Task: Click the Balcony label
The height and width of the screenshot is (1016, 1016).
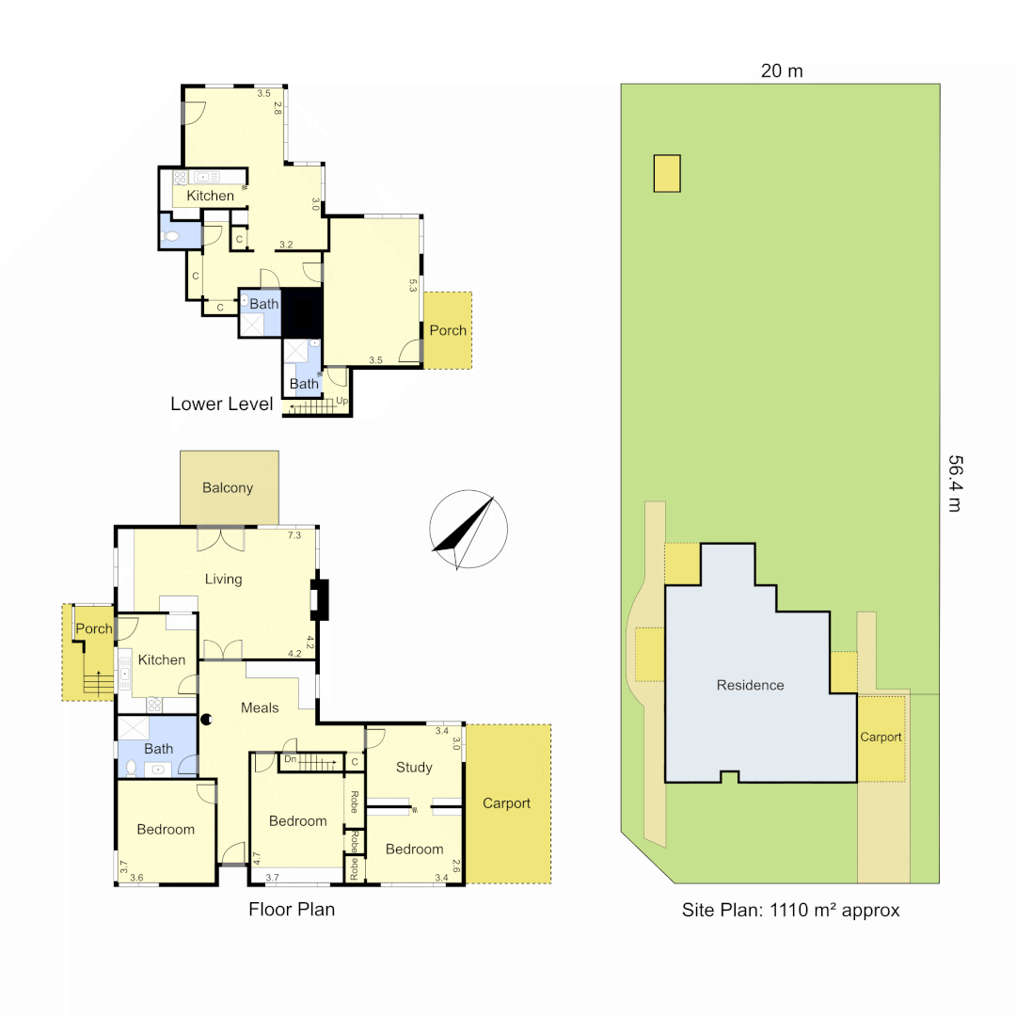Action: pyautogui.click(x=228, y=487)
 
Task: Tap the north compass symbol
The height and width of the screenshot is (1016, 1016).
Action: pyautogui.click(x=468, y=532)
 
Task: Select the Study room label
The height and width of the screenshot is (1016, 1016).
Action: pyautogui.click(x=414, y=767)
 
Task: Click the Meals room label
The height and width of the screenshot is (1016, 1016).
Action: pyautogui.click(x=260, y=707)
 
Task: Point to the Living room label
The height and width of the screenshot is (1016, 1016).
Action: pyautogui.click(x=224, y=579)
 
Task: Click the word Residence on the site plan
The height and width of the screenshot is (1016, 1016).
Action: pyautogui.click(x=750, y=685)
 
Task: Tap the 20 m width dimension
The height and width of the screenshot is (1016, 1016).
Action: pyautogui.click(x=782, y=71)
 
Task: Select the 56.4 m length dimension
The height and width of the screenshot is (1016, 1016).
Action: pyautogui.click(x=954, y=484)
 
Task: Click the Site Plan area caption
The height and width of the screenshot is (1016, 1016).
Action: pyautogui.click(x=790, y=910)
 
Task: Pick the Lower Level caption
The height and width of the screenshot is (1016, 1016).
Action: pyautogui.click(x=222, y=405)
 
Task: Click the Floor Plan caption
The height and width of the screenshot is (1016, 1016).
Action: pyautogui.click(x=292, y=910)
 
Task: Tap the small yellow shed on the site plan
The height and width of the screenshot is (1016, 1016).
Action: pyautogui.click(x=667, y=173)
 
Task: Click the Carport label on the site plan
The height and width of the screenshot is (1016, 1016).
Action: pyautogui.click(x=881, y=737)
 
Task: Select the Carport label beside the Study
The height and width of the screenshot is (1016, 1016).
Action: pyautogui.click(x=506, y=803)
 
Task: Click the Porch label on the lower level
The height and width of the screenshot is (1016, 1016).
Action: pyautogui.click(x=448, y=330)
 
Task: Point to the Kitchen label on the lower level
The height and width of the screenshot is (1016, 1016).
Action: pyautogui.click(x=210, y=196)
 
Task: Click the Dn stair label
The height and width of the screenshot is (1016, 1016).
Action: pyautogui.click(x=291, y=758)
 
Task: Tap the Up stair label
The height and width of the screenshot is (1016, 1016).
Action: pyautogui.click(x=341, y=402)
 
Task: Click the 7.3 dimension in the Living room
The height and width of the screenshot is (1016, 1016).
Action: pyautogui.click(x=294, y=534)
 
